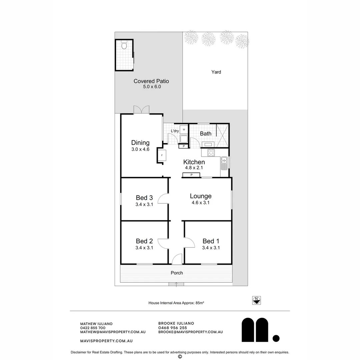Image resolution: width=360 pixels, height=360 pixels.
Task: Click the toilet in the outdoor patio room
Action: pyautogui.click(x=124, y=45)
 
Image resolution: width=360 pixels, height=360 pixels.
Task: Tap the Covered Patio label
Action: pyautogui.click(x=151, y=81)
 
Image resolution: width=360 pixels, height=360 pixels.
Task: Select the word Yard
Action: pyautogui.click(x=216, y=72)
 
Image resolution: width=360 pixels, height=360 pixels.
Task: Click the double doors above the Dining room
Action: pyautogui.click(x=141, y=110)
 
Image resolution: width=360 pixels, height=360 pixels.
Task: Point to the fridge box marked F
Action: pyautogui.click(x=162, y=156)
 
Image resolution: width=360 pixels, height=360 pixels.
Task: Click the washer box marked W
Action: pyautogui.click(x=184, y=129)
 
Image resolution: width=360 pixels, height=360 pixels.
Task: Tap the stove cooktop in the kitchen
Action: pyautogui.click(x=211, y=153)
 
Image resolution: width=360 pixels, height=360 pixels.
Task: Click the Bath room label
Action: pyautogui.click(x=206, y=134)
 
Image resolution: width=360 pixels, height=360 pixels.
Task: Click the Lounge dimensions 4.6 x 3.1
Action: pyautogui.click(x=201, y=203)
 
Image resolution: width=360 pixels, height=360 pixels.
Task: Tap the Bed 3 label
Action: pyautogui.click(x=144, y=198)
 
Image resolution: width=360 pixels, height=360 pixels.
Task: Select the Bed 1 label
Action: pyautogui.click(x=211, y=241)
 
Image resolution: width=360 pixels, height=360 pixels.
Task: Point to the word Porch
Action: pyautogui.click(x=177, y=273)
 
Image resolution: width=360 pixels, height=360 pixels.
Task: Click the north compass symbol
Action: pyautogui.click(x=256, y=300)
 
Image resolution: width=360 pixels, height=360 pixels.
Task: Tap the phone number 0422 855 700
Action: pyautogui.click(x=93, y=328)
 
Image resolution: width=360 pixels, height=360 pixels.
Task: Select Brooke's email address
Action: pyautogui.click(x=190, y=332)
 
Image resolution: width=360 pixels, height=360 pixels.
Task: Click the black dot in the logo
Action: pyautogui.click(x=276, y=338)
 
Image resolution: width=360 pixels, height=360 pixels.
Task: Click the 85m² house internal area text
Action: pyautogui.click(x=176, y=303)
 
